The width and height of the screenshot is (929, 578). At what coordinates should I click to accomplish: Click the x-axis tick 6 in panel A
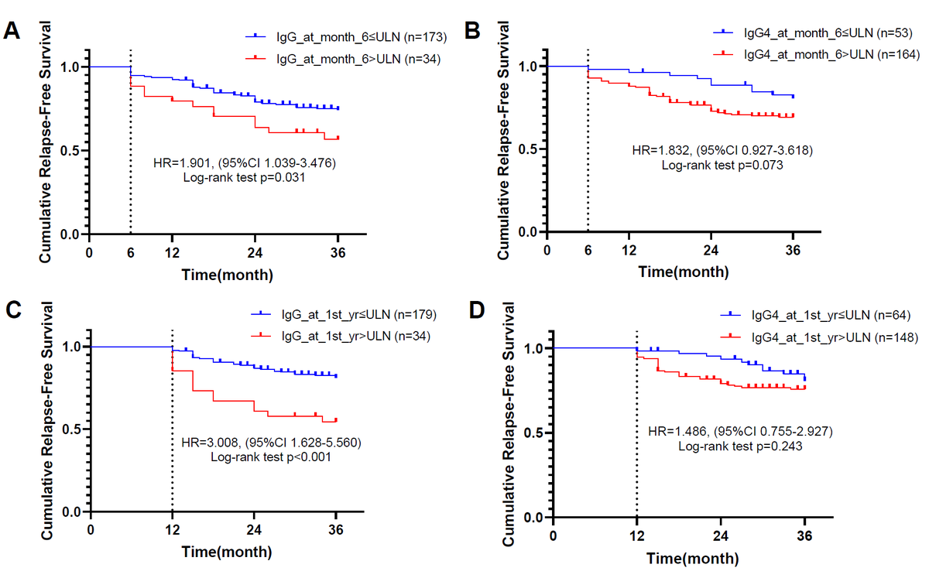coord(130,251)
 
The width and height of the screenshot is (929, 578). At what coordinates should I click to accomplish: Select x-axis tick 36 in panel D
coord(804,535)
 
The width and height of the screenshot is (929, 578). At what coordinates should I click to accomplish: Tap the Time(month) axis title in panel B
coord(684,271)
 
